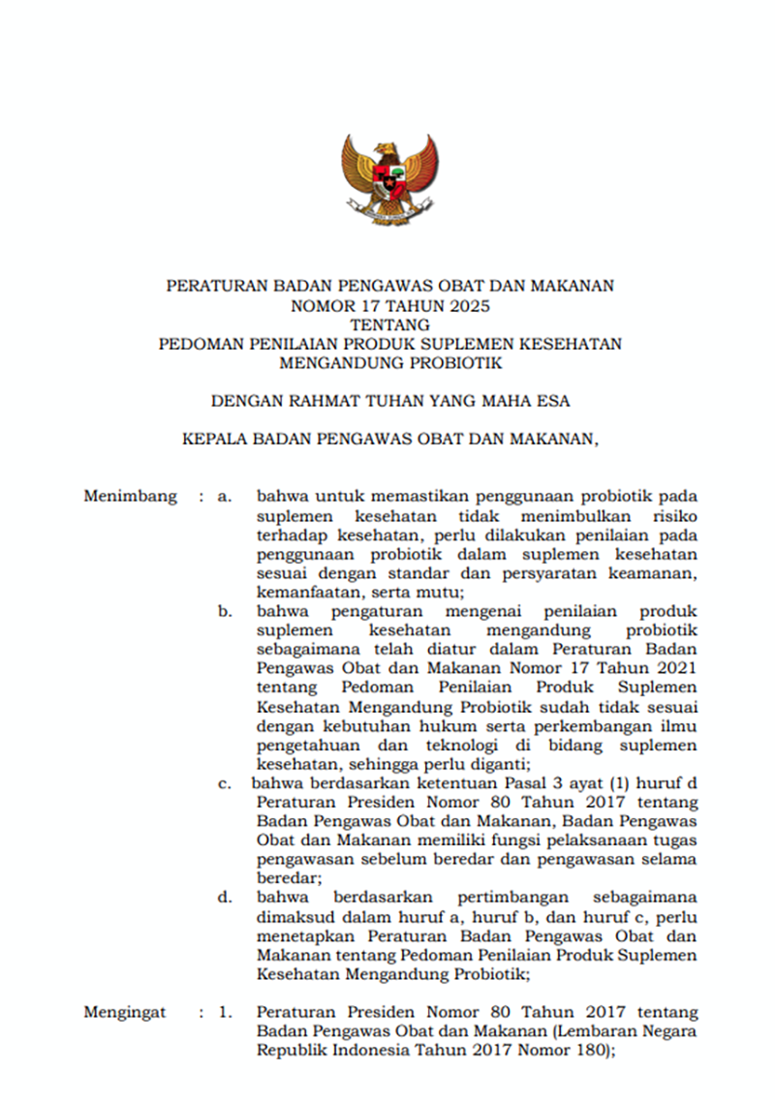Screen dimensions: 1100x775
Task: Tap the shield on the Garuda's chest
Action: coord(389,178)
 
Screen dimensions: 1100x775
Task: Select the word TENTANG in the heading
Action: coord(389,324)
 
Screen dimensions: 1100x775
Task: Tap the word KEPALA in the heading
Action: coord(215,438)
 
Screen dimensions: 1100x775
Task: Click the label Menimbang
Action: coord(130,497)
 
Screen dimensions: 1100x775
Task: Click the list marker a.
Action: coord(225,497)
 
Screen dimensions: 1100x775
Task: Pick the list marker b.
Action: coord(225,612)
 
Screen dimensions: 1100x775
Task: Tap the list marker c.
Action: coord(225,784)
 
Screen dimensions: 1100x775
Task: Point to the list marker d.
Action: coord(225,898)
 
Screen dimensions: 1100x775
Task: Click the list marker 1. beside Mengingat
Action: coord(225,1013)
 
